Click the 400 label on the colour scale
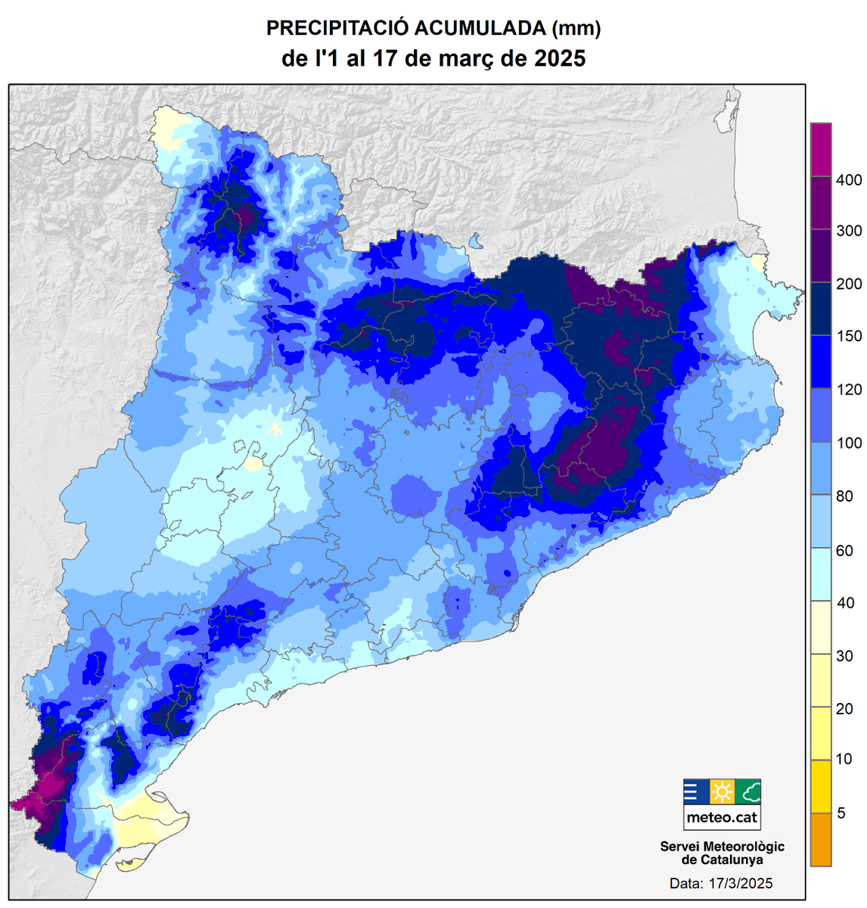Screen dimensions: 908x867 (x=849, y=180)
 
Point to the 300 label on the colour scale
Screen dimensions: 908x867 (x=849, y=231)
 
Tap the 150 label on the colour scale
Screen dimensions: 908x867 (x=849, y=337)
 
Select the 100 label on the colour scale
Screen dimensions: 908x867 (x=849, y=443)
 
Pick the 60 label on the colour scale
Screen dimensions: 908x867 (x=844, y=550)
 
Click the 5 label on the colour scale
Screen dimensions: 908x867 (x=841, y=813)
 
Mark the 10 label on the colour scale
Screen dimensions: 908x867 (x=844, y=759)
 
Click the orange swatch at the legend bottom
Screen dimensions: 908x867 (x=820, y=839)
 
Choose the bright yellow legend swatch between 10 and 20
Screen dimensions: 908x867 (x=820, y=733)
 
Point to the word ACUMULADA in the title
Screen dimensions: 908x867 (x=480, y=29)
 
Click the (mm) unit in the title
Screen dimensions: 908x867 (x=576, y=29)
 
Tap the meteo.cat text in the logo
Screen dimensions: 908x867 (x=722, y=817)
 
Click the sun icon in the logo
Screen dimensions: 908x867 (x=722, y=792)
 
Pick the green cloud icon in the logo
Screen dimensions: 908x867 (x=747, y=792)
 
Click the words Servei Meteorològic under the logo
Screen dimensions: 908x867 (x=722, y=847)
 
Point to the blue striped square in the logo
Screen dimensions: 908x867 (x=695, y=792)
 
